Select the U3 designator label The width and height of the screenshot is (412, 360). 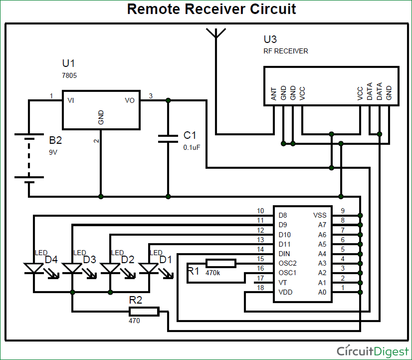coord(270,39)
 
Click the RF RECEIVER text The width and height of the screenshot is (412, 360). coord(286,51)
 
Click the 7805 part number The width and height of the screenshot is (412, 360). coord(69,75)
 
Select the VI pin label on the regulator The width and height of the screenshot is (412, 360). coord(71,100)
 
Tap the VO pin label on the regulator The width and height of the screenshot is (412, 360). coord(130,100)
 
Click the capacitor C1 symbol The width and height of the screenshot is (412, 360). coord(168,138)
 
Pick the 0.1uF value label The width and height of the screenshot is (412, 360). coord(192,147)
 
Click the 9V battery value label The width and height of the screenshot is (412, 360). coord(53,152)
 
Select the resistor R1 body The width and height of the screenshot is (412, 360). coord(221,263)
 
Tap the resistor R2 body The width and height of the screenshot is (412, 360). coord(144,312)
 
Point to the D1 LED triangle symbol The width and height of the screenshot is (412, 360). coord(149,268)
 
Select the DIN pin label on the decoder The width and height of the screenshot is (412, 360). coord(285,254)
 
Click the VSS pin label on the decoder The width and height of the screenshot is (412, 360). coord(320,215)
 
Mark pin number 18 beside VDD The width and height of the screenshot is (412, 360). coord(260,288)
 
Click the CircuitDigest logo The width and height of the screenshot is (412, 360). coord(372,351)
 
